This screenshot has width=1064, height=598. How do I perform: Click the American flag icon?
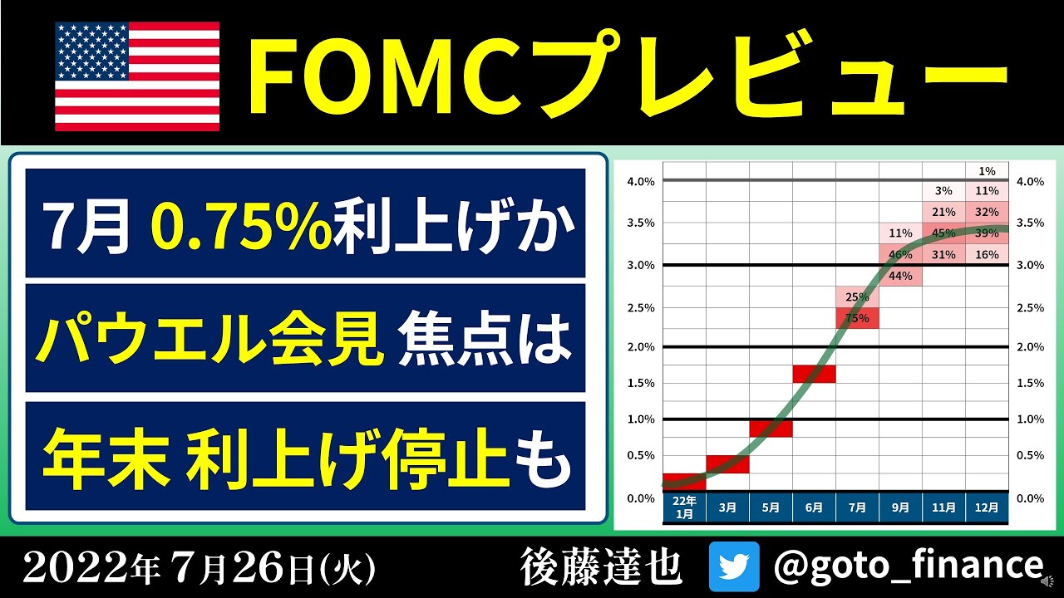(x=137, y=76)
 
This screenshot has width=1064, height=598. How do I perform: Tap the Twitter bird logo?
(x=734, y=566)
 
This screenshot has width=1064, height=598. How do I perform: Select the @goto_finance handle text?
(x=908, y=566)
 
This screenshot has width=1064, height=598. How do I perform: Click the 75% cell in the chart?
(x=857, y=318)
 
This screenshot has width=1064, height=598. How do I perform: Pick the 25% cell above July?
(x=857, y=297)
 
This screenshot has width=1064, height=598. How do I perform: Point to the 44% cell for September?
(x=900, y=276)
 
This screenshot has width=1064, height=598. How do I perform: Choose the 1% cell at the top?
(x=987, y=171)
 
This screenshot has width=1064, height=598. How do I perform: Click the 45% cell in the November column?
(x=943, y=233)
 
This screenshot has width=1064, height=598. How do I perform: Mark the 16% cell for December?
(x=987, y=255)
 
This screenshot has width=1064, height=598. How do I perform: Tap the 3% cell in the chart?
(x=943, y=192)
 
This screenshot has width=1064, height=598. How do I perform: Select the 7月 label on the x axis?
(x=857, y=507)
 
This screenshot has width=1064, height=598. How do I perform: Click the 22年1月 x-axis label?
(x=684, y=507)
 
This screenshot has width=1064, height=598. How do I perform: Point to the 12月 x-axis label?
(x=987, y=507)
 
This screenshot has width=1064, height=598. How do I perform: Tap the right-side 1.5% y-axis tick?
(x=1030, y=383)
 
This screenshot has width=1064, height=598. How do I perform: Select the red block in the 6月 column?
(x=814, y=374)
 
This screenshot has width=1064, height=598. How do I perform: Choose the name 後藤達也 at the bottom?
(x=600, y=566)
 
